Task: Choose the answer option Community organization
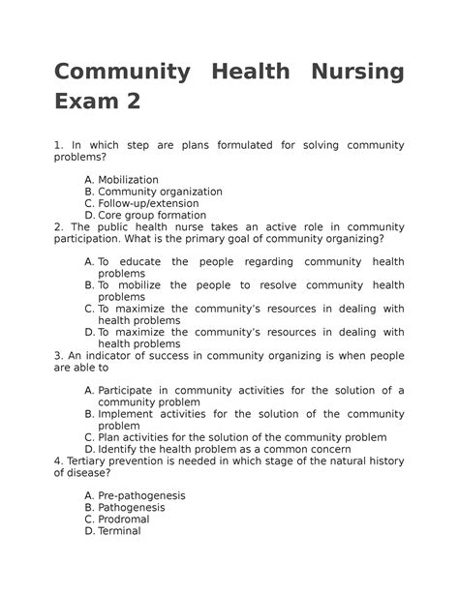[x=160, y=192]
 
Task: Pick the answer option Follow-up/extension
[x=148, y=204]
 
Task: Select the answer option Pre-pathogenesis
[x=141, y=495]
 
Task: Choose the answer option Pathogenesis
[x=132, y=507]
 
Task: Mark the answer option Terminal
[x=119, y=530]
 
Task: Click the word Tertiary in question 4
[x=89, y=460]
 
